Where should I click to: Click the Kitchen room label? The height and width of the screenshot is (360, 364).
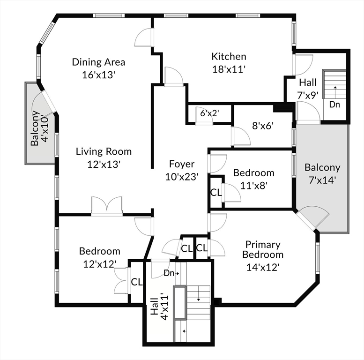(x=229, y=57)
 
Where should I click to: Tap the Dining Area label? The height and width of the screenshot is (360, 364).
(x=98, y=62)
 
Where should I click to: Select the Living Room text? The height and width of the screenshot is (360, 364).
(x=104, y=151)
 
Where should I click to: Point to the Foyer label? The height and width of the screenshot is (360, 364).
(x=182, y=164)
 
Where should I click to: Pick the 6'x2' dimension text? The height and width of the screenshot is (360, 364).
(x=209, y=113)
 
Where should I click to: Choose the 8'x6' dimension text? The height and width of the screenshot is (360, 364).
(x=262, y=125)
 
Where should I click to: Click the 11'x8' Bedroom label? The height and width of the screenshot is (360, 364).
(x=253, y=173)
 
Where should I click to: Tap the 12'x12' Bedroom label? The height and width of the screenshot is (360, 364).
(x=99, y=251)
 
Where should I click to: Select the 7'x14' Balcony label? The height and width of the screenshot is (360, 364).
(x=322, y=167)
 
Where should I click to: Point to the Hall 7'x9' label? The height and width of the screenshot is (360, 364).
(x=308, y=82)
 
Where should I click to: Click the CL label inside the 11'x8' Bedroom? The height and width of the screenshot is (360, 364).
(x=216, y=192)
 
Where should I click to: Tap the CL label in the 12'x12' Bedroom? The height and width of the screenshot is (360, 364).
(x=136, y=282)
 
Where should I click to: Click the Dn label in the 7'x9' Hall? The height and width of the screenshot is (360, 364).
(x=334, y=104)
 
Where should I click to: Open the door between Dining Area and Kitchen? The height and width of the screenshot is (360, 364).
(x=144, y=37)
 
